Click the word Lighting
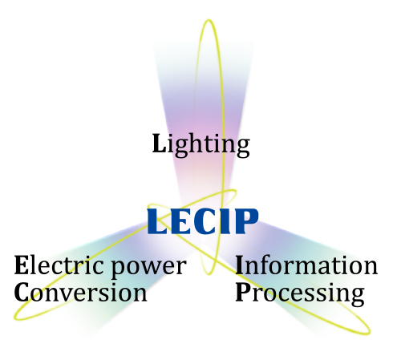(x=201, y=145)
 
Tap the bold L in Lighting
(x=160, y=143)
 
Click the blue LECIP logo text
(x=203, y=221)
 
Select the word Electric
(x=59, y=265)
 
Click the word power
(x=148, y=268)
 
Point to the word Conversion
(x=80, y=292)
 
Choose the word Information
(x=306, y=265)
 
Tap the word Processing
(x=300, y=294)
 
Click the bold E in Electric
(x=21, y=265)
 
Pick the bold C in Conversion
(x=22, y=293)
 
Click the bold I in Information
(x=240, y=265)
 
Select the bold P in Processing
(x=243, y=293)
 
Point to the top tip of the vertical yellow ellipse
(x=209, y=20)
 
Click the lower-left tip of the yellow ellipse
(x=14, y=318)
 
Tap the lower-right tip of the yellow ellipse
(x=369, y=332)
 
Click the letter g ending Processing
(x=357, y=297)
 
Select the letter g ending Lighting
(x=243, y=148)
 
